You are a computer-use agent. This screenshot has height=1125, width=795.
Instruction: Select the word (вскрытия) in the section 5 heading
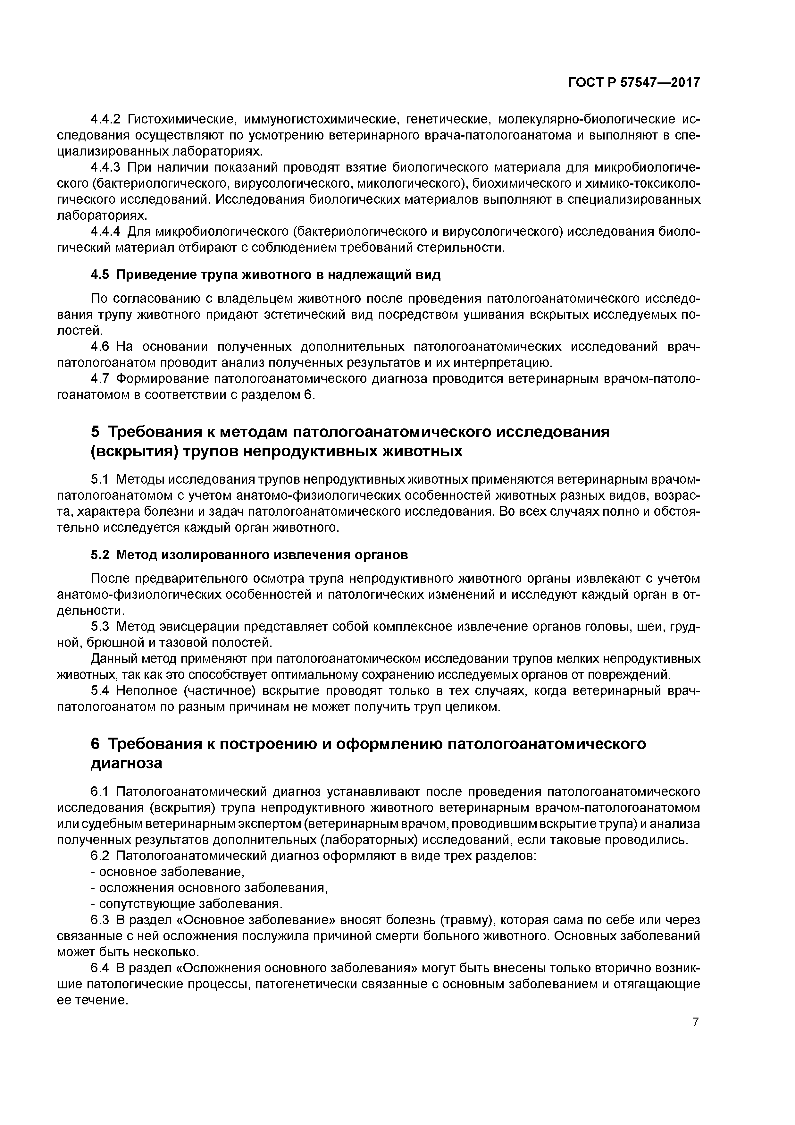(133, 451)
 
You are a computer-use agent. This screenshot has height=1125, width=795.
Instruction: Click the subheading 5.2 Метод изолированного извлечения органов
(249, 555)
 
